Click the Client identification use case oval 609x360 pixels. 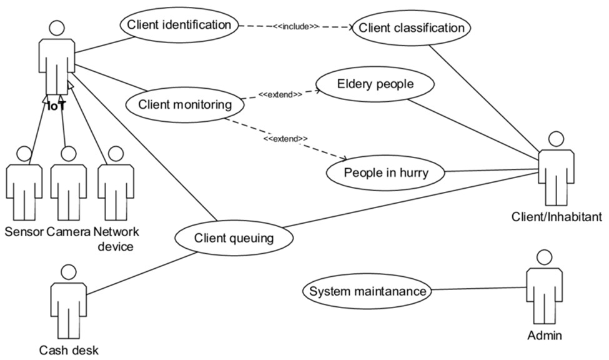pos(179,26)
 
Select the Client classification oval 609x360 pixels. pos(410,28)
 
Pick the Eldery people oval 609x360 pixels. pos(375,84)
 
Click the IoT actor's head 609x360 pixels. pos(57,28)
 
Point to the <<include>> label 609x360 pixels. pos(296,27)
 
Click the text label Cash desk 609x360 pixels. pos(69,350)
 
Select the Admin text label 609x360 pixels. pos(545,336)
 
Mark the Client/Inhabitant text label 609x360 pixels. pos(557,217)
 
